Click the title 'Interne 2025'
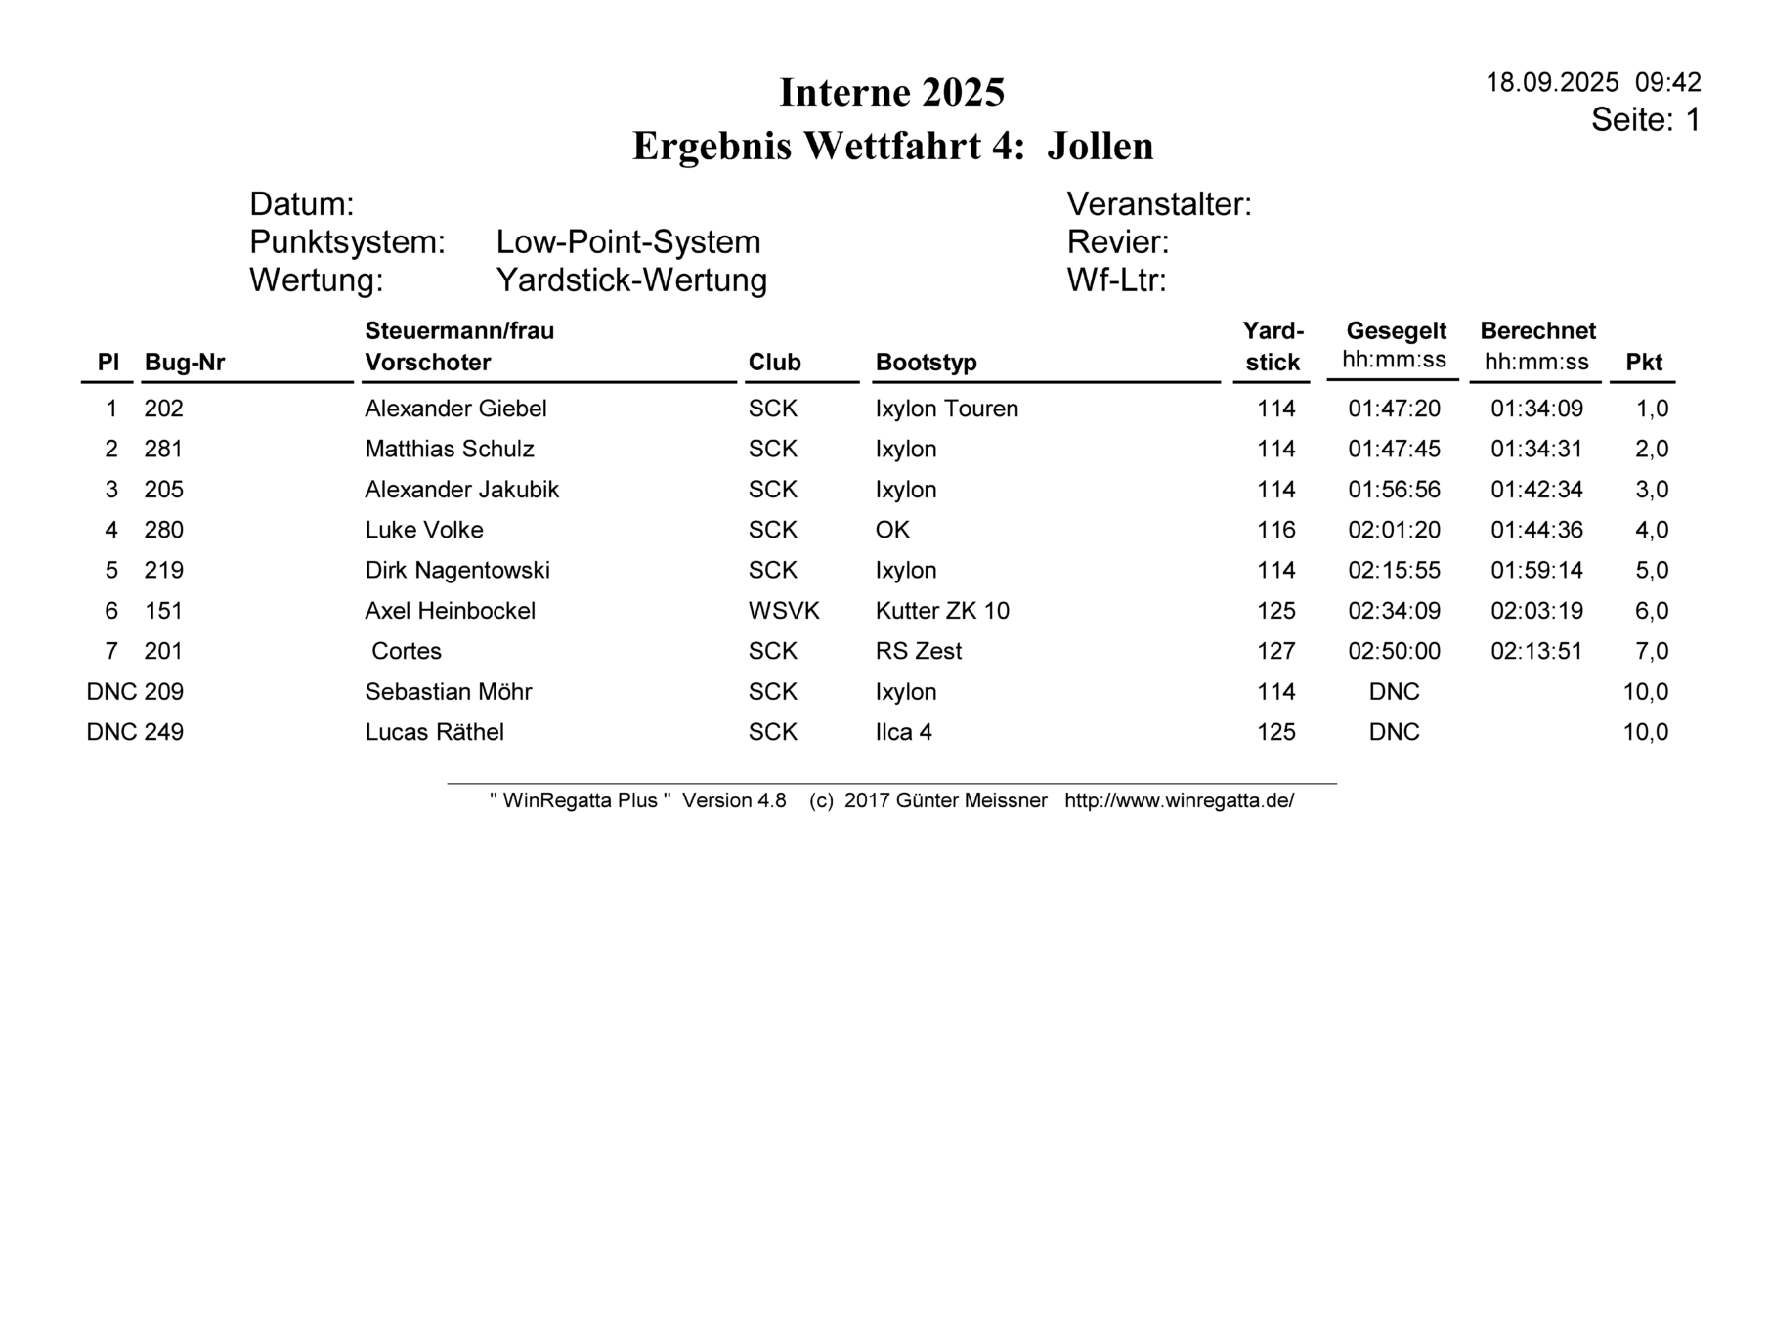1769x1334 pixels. [891, 93]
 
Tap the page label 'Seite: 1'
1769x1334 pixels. [1645, 120]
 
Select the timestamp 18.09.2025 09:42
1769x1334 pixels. [1593, 82]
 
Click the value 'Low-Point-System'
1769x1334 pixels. [627, 242]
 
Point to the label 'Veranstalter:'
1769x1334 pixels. [1158, 204]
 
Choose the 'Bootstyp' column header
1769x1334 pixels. [926, 363]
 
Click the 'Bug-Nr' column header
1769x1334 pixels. [185, 363]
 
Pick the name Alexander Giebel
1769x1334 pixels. [455, 409]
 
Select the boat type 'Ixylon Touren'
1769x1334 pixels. [946, 409]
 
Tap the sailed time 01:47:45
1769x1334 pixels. [1394, 450]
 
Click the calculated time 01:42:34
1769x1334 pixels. [1536, 490]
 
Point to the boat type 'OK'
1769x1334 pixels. [892, 530]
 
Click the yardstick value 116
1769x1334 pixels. [1275, 530]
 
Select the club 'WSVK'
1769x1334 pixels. [784, 611]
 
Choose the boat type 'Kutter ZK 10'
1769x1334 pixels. [942, 611]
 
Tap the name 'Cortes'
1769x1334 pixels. [407, 651]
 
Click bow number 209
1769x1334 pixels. [164, 692]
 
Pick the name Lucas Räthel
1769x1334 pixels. [434, 732]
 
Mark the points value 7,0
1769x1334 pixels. [1652, 651]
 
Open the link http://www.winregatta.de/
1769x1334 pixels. [1179, 801]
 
